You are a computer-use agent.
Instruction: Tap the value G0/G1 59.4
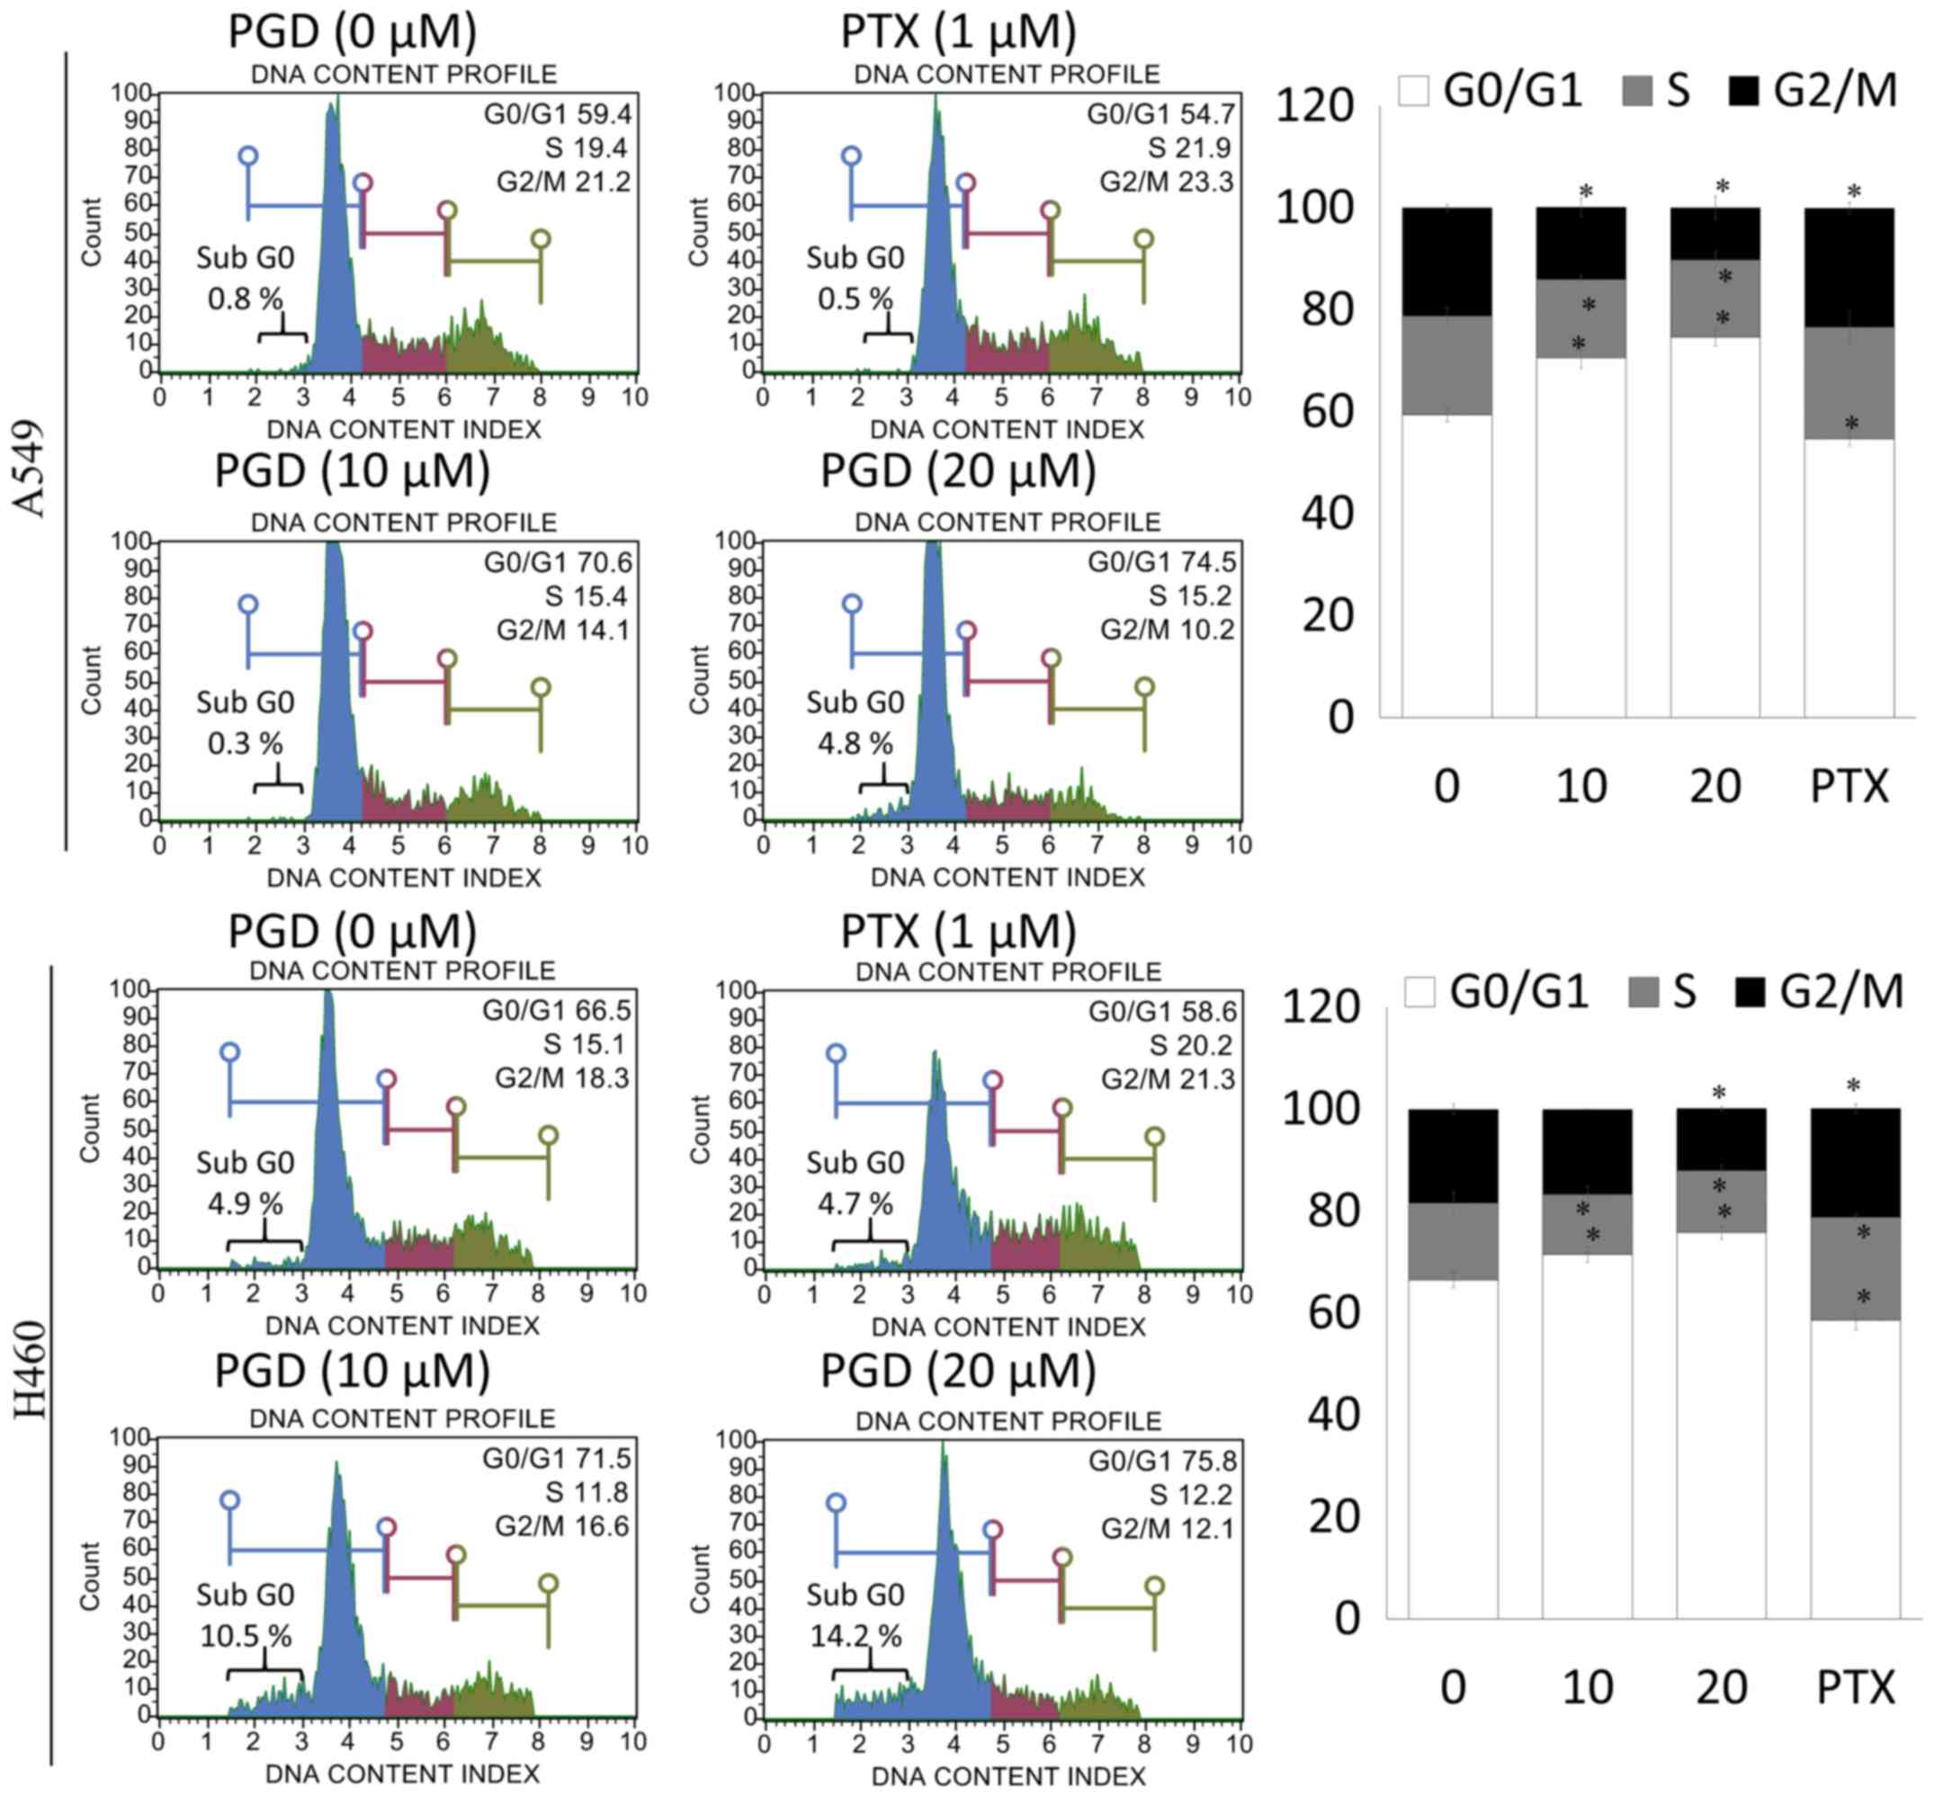[557, 115]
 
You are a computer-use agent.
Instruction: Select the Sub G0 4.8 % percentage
[854, 744]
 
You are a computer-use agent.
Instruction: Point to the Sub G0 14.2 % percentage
[855, 1636]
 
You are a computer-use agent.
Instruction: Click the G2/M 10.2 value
[1166, 630]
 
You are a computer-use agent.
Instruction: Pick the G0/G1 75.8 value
[1162, 1461]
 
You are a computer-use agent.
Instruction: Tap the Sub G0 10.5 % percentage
[245, 1636]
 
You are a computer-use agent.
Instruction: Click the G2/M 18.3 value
[562, 1077]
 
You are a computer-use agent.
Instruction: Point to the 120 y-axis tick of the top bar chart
[1313, 105]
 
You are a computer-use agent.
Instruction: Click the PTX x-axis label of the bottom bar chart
[1855, 1686]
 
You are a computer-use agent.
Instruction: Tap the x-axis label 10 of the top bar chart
[1580, 786]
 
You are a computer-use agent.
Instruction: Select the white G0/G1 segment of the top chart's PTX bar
[1849, 577]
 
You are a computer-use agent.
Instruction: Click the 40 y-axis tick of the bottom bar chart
[1333, 1414]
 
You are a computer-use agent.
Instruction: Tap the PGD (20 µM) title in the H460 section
[958, 1370]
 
